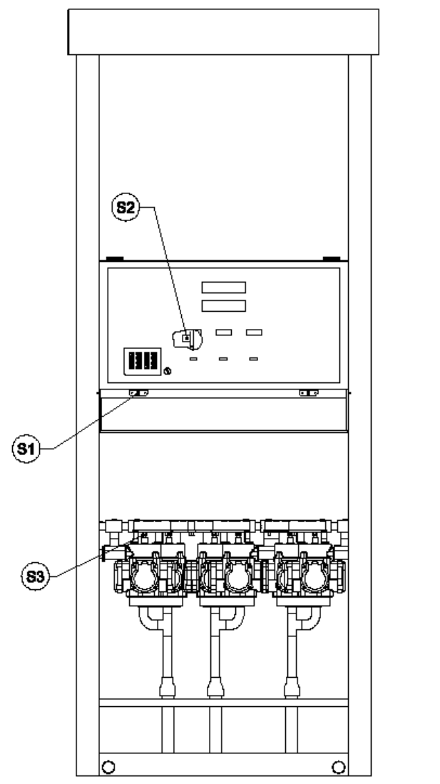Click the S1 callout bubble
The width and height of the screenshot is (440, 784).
(26, 449)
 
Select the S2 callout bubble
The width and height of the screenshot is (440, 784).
(125, 207)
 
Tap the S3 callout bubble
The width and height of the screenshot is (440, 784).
(35, 576)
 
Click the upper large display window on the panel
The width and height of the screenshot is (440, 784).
(223, 287)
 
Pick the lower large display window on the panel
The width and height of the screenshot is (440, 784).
(223, 306)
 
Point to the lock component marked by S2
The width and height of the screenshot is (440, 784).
(188, 339)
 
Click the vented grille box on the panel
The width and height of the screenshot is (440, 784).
(143, 361)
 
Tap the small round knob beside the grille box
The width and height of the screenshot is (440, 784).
(168, 371)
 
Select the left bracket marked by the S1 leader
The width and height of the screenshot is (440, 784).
(138, 393)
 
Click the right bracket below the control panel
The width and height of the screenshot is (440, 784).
(309, 393)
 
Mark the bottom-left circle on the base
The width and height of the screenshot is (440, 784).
(108, 766)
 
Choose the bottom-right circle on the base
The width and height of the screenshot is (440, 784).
(339, 766)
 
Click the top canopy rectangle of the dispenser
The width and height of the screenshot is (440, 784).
(223, 31)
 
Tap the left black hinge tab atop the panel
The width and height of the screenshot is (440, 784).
(115, 258)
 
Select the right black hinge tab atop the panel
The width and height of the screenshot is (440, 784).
(332, 258)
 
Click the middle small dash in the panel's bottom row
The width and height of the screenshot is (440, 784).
(223, 359)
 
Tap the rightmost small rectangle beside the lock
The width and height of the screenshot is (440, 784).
(254, 332)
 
